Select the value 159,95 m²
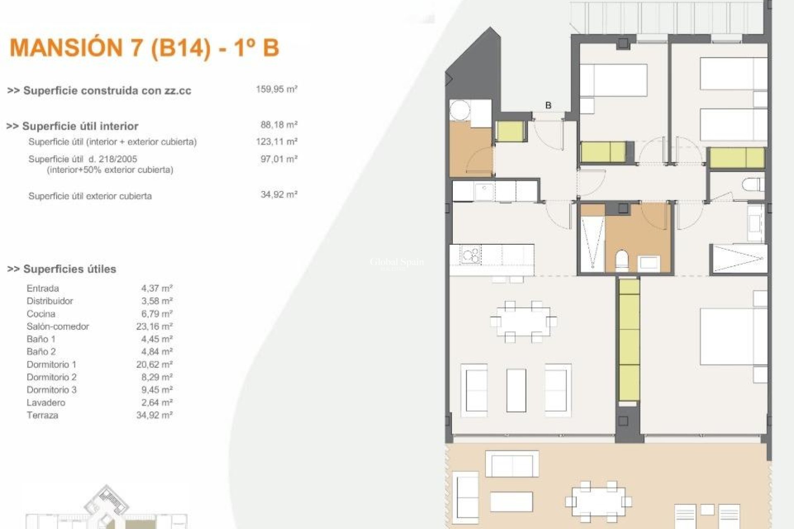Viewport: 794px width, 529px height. [x=277, y=89]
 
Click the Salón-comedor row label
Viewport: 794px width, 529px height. [x=58, y=326]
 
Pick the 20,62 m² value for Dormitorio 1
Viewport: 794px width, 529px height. [x=154, y=365]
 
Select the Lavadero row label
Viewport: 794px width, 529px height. [x=46, y=403]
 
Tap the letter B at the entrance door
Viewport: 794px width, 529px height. [x=548, y=105]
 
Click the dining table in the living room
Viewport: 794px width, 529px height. [x=523, y=322]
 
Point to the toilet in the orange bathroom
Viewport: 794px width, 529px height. [x=622, y=260]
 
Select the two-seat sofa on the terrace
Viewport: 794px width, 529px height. [x=512, y=464]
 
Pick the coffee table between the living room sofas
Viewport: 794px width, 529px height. [x=516, y=390]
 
